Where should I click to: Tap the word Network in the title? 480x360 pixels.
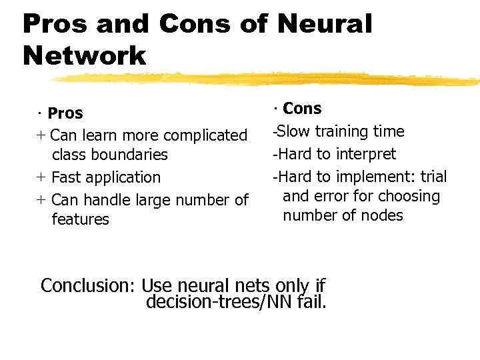pos(84,55)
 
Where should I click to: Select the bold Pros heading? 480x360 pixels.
pos(65,113)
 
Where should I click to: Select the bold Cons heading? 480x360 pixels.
pos(302,109)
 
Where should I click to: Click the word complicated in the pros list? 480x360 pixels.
pos(205,135)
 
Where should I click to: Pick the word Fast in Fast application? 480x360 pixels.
pos(66,177)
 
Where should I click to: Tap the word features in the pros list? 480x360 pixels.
pos(80,219)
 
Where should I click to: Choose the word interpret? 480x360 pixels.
pos(365,154)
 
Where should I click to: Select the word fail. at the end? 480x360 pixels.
pos(313,302)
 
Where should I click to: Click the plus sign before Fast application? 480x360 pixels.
pos(41,177)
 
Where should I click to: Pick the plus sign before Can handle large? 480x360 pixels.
pos(41,199)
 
